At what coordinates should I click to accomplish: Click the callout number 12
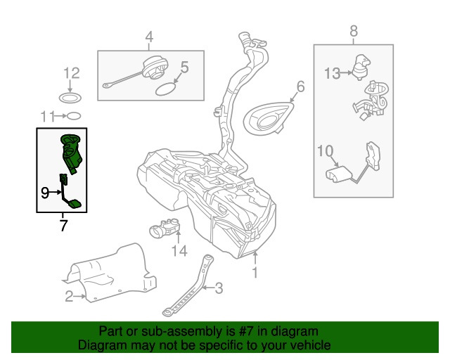coord(72,72)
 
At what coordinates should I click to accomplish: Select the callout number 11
coord(48,115)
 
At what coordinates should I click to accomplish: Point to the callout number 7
coord(63,226)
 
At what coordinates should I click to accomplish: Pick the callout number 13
coord(332,72)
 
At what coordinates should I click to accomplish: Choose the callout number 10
coord(324,150)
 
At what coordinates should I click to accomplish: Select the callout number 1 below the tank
coord(255,271)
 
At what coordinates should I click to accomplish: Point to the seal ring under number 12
coord(72,96)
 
